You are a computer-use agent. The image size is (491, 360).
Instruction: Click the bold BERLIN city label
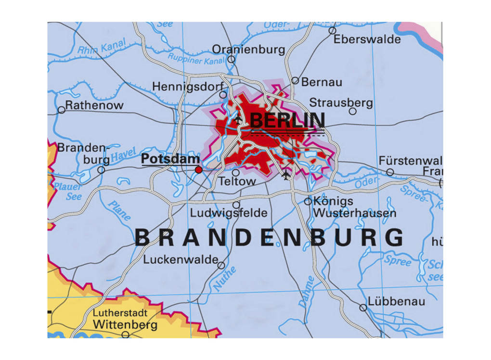click(x=287, y=120)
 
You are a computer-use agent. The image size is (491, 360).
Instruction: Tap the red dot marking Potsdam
click(x=198, y=169)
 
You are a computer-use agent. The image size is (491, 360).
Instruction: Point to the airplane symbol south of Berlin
click(x=287, y=175)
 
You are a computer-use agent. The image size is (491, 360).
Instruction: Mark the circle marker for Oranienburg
click(x=231, y=60)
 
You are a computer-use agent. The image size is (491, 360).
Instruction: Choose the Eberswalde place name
click(x=367, y=39)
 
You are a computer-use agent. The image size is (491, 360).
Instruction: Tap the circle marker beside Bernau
click(x=295, y=81)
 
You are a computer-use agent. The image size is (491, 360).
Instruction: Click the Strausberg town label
click(x=341, y=103)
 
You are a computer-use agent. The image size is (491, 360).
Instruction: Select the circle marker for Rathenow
click(x=61, y=110)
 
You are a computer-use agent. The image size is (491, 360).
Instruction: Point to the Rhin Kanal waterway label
click(x=102, y=46)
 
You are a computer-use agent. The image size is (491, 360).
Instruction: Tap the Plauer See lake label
click(x=68, y=192)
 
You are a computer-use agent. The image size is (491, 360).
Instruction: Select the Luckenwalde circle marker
click(x=221, y=265)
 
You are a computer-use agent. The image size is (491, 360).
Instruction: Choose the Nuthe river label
click(x=224, y=279)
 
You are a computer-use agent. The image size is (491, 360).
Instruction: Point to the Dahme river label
click(x=306, y=292)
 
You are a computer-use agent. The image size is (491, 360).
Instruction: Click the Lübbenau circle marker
click(x=363, y=308)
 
